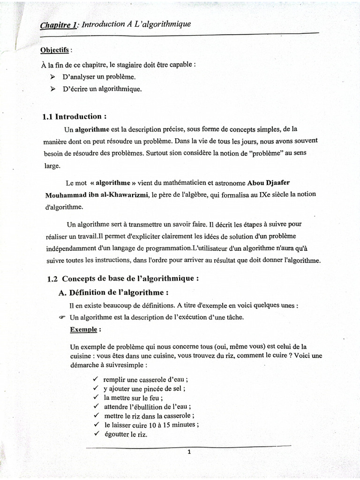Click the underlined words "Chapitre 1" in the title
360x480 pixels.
tap(58, 26)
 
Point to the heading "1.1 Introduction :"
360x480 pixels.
tap(75, 117)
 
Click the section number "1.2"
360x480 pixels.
tap(52, 278)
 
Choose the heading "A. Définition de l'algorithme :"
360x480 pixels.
tap(113, 292)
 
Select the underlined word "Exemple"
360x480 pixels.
tap(83, 329)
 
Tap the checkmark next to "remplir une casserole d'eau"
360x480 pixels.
tap(96, 379)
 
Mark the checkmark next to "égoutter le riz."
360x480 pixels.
tap(96, 434)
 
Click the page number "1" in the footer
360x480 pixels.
tap(188, 452)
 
